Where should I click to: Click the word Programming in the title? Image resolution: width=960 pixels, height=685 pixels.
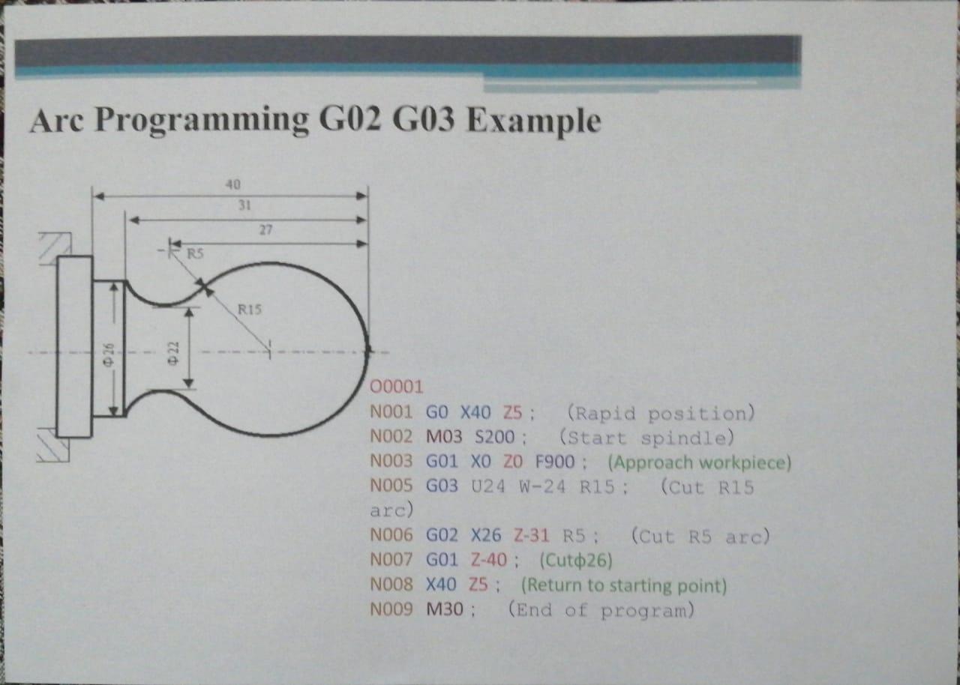[x=202, y=121]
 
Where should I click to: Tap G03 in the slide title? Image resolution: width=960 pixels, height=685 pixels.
[x=424, y=119]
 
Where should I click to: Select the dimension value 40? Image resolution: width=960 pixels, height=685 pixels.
[x=233, y=184]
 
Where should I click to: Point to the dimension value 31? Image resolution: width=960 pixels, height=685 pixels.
[x=244, y=205]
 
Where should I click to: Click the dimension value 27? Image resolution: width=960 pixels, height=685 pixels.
[x=265, y=230]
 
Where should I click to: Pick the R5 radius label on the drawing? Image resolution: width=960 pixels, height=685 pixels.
[x=195, y=254]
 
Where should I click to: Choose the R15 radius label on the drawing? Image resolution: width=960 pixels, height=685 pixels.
[x=250, y=309]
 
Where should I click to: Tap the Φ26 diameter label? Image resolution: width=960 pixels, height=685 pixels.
[x=109, y=355]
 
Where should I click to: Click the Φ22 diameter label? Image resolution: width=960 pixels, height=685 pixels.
[x=173, y=353]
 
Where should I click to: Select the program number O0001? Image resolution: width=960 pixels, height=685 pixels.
[x=397, y=387]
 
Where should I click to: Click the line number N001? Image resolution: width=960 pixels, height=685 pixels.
[x=391, y=412]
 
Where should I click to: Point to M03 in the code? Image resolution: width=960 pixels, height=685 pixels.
[x=444, y=437]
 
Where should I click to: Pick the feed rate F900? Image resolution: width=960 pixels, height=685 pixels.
[x=555, y=462]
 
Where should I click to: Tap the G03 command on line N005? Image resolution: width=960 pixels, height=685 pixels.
[x=442, y=486]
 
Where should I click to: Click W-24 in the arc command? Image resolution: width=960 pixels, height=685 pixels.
[x=542, y=487]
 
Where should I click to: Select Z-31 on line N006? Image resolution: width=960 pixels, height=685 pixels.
[x=532, y=536]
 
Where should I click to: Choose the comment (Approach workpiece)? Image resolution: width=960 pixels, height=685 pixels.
[x=700, y=463]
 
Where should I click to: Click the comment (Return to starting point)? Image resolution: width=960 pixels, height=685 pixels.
[x=624, y=585]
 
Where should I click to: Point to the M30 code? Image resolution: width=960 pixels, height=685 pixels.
[x=445, y=609]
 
